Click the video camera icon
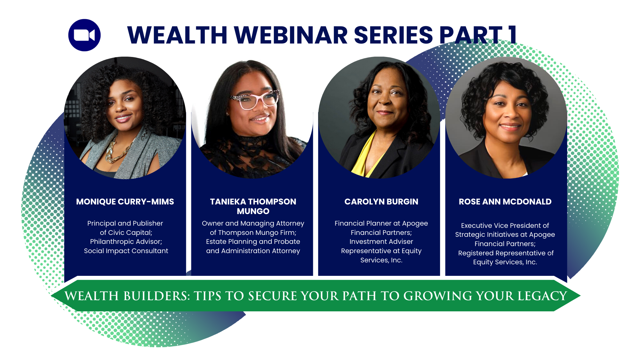coord(84,35)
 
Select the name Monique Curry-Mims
coord(125,202)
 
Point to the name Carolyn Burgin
coord(381,202)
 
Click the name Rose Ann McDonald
coord(505,202)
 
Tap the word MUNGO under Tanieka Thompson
coord(253,211)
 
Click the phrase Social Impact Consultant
coord(126,251)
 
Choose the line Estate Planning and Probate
coord(253,242)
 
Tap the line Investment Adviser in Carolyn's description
coord(381,242)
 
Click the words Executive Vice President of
coord(505,226)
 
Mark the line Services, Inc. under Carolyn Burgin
coord(381,260)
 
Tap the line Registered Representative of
coord(506,253)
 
